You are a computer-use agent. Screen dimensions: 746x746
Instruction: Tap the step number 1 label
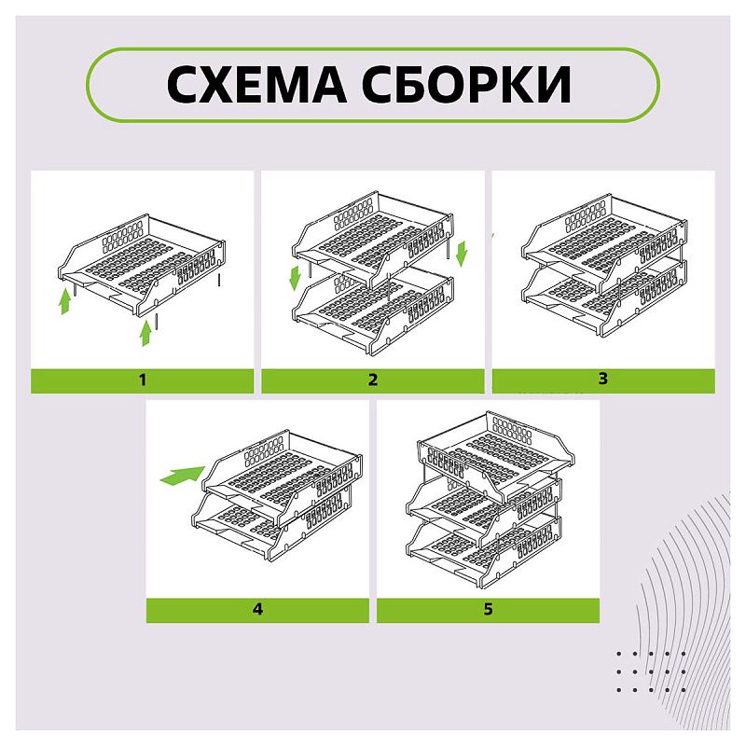point(143,380)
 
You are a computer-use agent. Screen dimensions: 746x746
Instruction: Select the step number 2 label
point(373,380)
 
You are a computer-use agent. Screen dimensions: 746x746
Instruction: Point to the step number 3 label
point(603,379)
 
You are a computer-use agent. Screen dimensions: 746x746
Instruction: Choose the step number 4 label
point(257,610)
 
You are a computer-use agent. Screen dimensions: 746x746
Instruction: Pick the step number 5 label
point(488,610)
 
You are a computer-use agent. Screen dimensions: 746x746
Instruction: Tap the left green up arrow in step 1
point(65,301)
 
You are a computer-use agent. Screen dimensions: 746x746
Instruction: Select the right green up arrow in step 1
point(145,334)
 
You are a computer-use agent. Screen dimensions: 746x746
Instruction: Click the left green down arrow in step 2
point(296,276)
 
